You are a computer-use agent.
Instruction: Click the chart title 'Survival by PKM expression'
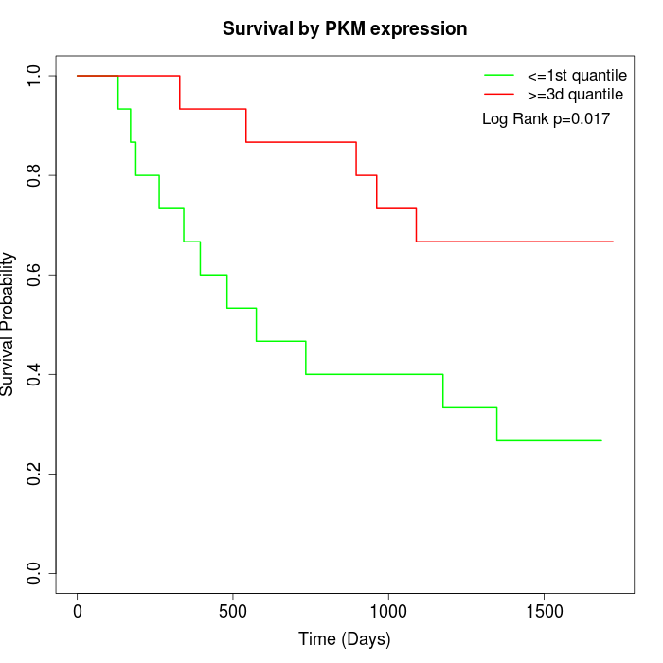pos(345,29)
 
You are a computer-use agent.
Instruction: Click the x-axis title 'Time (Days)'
pos(345,639)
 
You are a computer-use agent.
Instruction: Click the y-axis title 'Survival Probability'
pos(9,324)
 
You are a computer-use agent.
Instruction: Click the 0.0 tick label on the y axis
pos(35,573)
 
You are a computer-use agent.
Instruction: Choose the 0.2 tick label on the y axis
pos(35,474)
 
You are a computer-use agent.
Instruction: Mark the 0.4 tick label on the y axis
pos(35,374)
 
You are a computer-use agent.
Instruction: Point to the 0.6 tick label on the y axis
pos(35,275)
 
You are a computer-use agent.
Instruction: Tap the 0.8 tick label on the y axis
pos(35,175)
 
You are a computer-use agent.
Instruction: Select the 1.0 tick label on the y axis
pos(35,76)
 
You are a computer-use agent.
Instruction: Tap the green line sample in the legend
pos(499,75)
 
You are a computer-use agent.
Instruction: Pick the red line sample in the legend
pos(499,95)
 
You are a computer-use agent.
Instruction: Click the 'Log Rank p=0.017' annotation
pos(546,119)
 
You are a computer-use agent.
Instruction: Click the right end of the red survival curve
pos(613,242)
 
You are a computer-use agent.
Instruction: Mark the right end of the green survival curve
pos(601,440)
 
